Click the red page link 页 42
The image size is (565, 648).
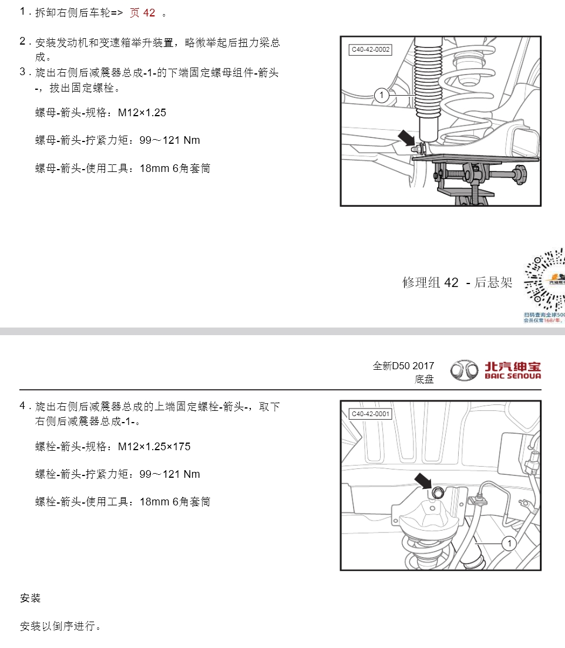(142, 13)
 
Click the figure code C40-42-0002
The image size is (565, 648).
(371, 50)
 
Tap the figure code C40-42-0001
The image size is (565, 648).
(371, 414)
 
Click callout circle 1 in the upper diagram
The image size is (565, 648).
(381, 95)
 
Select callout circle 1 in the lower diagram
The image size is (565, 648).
(509, 544)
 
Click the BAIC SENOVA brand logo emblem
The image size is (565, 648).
(465, 370)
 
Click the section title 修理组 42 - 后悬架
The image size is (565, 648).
(457, 282)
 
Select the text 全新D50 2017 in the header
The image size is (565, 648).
(403, 366)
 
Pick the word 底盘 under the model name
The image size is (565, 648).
(424, 380)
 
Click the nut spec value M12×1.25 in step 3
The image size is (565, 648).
(142, 113)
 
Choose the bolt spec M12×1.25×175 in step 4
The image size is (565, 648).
(154, 447)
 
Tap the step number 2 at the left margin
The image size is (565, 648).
(23, 41)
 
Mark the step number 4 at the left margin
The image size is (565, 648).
(23, 406)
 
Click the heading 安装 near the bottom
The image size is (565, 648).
(30, 598)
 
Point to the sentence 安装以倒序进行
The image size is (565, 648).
(60, 626)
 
